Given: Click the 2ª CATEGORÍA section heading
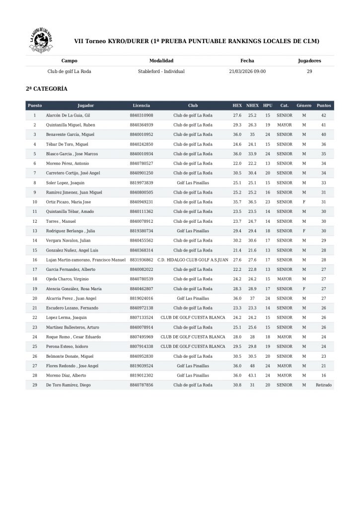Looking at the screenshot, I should point(47,89).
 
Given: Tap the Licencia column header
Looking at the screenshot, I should point(142,106).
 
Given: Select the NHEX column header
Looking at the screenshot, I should point(253,106).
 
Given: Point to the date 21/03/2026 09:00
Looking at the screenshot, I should point(247,71).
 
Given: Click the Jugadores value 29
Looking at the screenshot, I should point(309,71).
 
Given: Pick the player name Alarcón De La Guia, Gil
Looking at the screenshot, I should point(68,115).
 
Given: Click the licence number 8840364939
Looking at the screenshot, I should point(142,125).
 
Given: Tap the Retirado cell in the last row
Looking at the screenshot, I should point(324,385).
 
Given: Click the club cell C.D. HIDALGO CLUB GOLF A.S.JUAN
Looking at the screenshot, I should point(193,260).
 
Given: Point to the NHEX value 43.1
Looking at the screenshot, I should point(253,376).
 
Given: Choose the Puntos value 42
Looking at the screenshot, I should point(324,115).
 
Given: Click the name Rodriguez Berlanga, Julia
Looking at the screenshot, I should point(71,231).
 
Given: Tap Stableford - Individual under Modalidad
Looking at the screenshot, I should point(161,71).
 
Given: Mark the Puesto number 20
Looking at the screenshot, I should point(35,298).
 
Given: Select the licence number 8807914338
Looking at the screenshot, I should point(142,346).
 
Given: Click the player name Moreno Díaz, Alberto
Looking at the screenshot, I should point(66,376).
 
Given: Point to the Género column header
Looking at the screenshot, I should point(304,106).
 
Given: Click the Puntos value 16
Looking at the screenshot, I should point(324,376).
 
